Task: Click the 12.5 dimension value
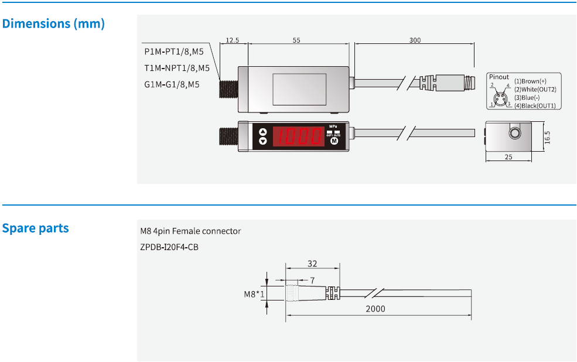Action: pos(233,40)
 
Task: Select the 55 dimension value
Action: pos(296,40)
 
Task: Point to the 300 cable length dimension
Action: pos(415,40)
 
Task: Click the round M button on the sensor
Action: pos(334,141)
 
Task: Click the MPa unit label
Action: pos(334,127)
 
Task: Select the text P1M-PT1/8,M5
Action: pos(174,52)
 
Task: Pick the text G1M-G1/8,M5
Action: pos(172,84)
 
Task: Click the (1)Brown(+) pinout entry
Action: pos(530,81)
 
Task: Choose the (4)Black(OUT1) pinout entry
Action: pos(534,105)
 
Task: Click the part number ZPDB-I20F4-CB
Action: pos(169,247)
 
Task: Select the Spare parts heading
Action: pos(36,228)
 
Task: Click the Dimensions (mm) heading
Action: pos(53,24)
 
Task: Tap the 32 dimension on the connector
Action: pos(312,264)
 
